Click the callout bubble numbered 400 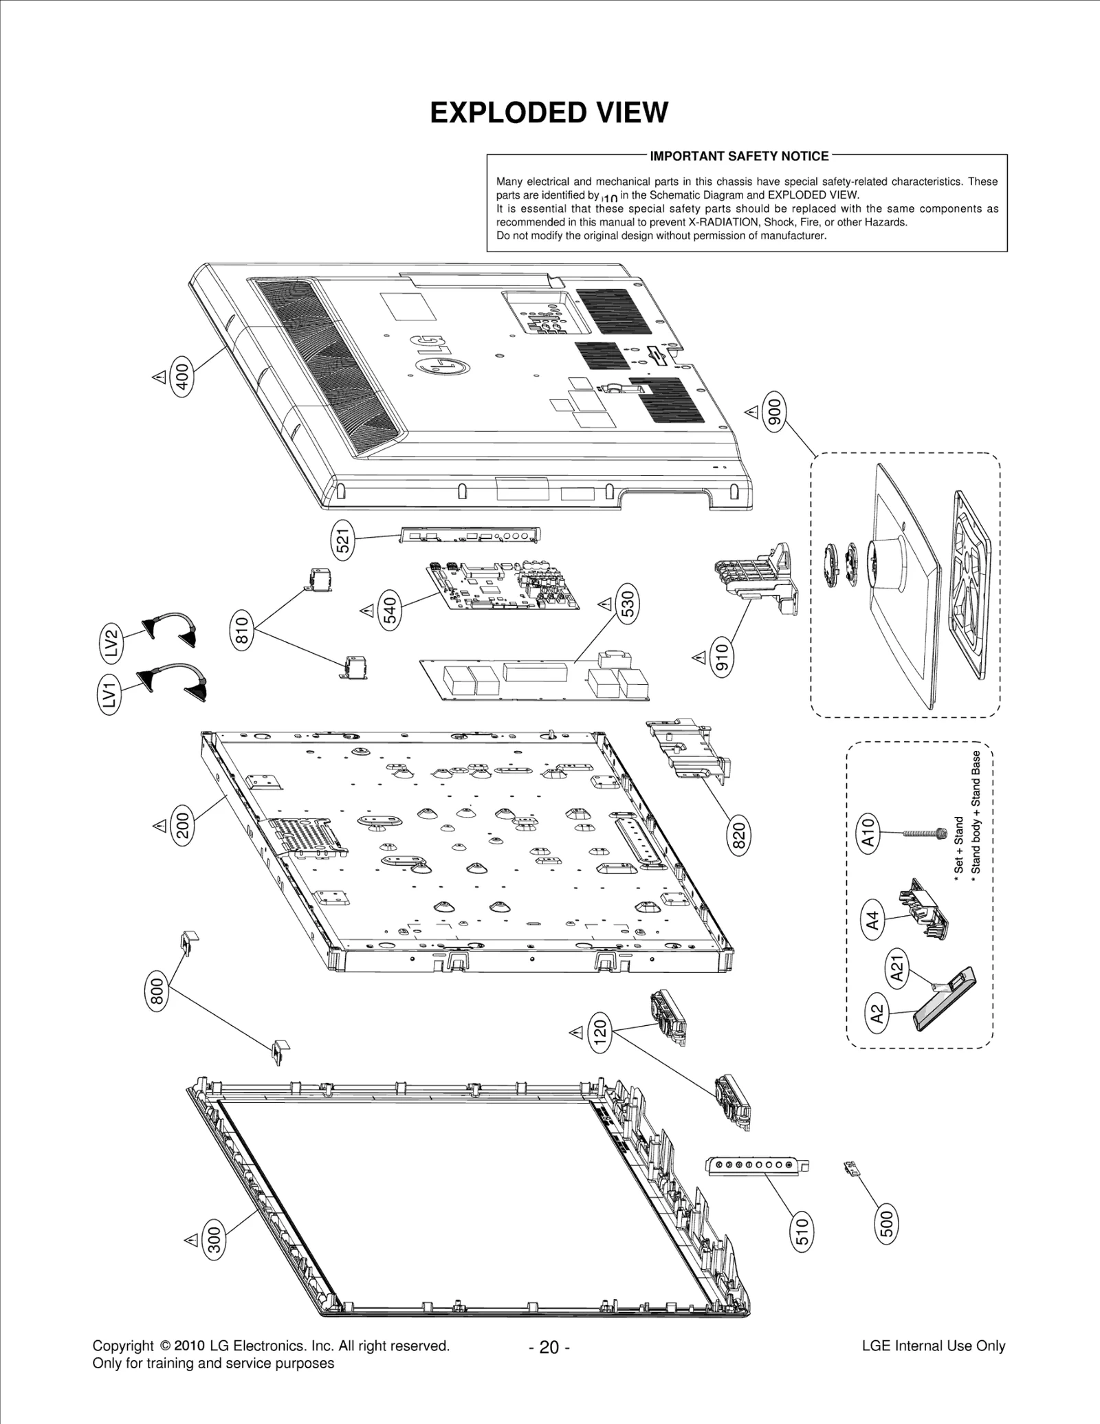pos(182,375)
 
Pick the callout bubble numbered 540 pos(389,611)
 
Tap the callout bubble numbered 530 pos(627,604)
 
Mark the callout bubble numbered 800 pos(157,991)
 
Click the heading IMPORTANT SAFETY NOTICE pos(739,156)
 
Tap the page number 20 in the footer pos(549,1346)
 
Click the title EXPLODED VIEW pos(549,113)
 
